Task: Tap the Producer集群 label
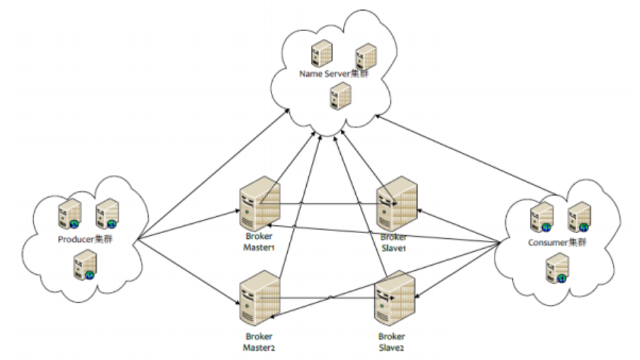pos(86,240)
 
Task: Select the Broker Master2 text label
pos(257,343)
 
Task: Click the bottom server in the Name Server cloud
pos(340,95)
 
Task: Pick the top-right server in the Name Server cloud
pos(365,55)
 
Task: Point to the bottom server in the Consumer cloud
pos(555,269)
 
